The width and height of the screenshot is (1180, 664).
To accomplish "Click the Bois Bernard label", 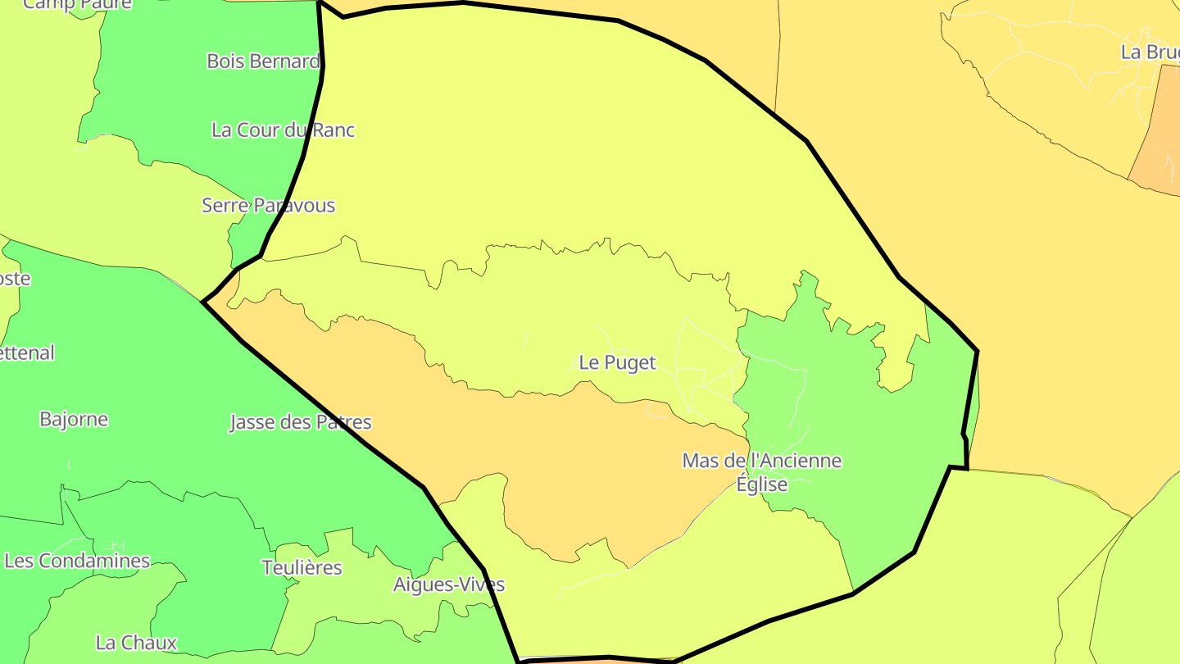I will (263, 61).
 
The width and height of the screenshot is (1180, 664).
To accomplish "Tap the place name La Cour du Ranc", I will (283, 130).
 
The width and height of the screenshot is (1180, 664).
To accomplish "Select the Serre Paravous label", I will (268, 206).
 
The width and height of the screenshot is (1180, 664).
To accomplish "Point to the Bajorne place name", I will (74, 420).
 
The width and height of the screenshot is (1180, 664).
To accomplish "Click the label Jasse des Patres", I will (300, 423).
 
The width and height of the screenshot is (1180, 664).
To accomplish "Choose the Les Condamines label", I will (77, 562).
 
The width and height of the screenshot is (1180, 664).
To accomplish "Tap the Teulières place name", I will (302, 567).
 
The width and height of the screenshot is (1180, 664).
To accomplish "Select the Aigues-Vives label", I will (449, 585).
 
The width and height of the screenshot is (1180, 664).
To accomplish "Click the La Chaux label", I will (136, 643).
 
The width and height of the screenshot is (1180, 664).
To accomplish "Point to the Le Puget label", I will (617, 363).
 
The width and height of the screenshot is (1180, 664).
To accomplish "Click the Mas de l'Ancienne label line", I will (761, 462).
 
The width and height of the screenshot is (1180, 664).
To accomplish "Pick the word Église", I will (761, 485).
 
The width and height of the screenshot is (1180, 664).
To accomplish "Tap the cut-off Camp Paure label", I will (77, 5).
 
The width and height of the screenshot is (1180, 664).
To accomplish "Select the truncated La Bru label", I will (1150, 52).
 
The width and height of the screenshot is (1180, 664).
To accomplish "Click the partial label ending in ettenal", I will (27, 353).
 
